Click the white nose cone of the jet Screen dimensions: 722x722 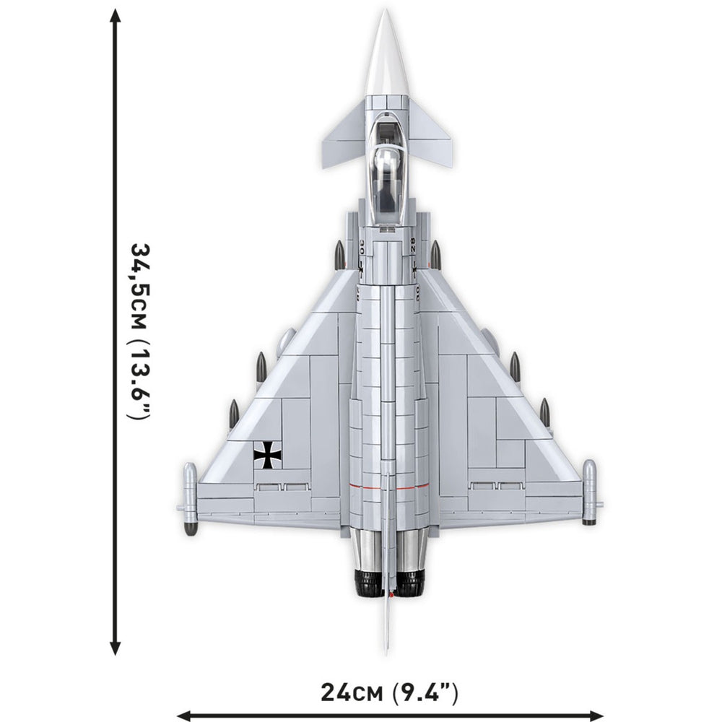pyautogui.click(x=387, y=60)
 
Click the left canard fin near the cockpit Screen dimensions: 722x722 pyautogui.click(x=344, y=137)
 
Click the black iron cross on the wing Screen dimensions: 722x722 pyautogui.click(x=268, y=455)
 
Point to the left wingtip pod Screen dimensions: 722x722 pyautogui.click(x=190, y=499)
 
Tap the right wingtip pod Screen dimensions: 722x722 pyautogui.click(x=589, y=492)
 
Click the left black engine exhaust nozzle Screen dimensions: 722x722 pyautogui.click(x=368, y=583)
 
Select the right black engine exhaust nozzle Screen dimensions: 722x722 pyautogui.click(x=409, y=583)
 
